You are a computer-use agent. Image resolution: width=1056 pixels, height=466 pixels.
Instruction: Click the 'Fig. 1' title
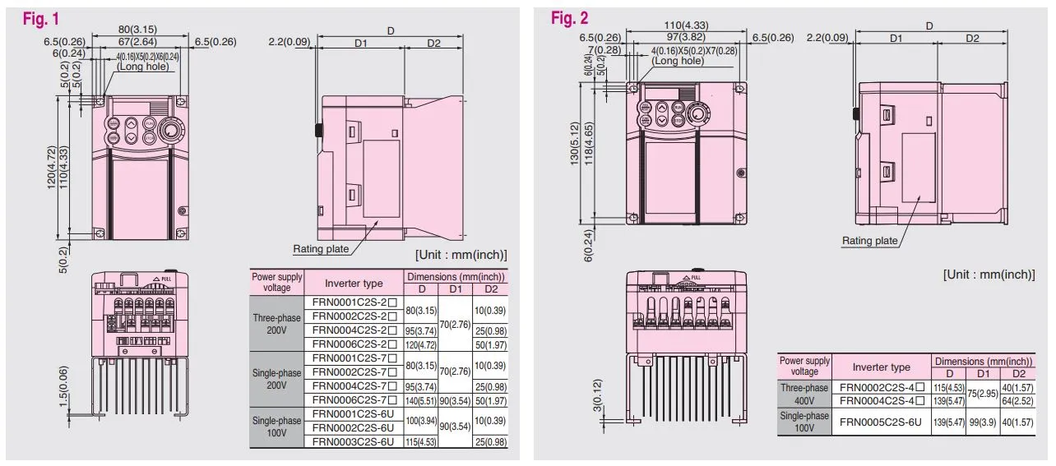(39, 18)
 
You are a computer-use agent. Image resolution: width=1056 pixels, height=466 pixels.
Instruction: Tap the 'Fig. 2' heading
(570, 18)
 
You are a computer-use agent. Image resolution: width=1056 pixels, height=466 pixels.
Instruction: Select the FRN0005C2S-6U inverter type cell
(880, 421)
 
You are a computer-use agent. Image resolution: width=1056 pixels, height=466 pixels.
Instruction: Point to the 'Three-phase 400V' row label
(804, 394)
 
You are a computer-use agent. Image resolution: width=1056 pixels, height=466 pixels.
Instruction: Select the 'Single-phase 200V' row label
(276, 379)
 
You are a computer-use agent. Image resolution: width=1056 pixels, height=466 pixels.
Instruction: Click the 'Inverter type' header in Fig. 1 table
(354, 283)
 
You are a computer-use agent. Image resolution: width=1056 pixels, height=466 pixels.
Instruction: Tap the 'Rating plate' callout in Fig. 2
(869, 241)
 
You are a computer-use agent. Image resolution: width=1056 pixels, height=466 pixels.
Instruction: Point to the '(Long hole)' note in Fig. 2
(678, 61)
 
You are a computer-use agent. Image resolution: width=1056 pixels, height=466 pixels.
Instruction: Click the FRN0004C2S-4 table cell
(880, 400)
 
